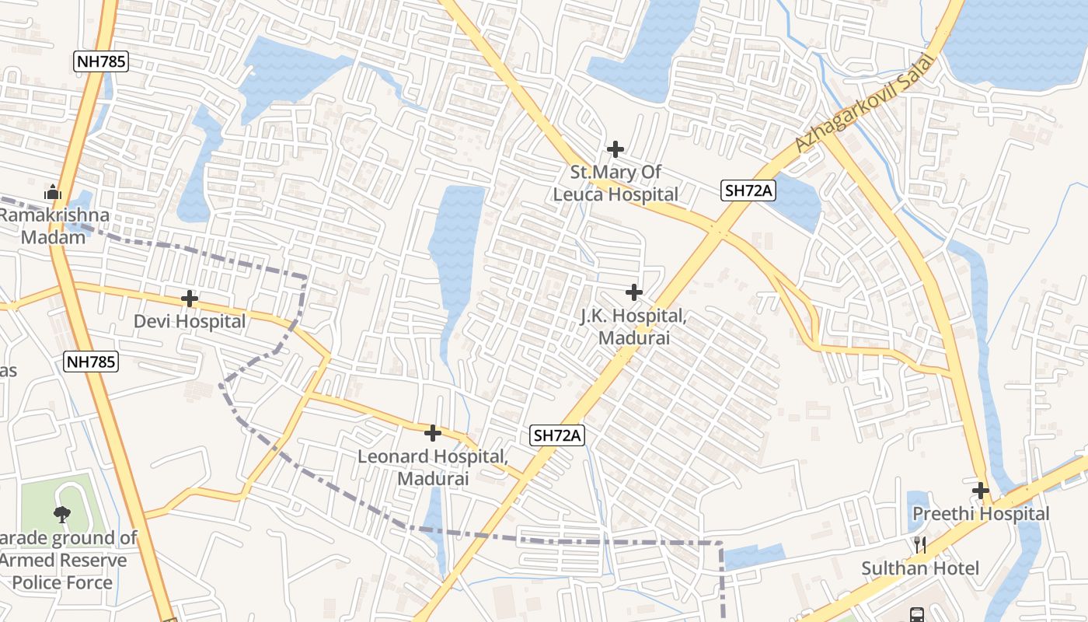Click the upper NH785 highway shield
(101, 61)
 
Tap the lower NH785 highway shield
(91, 361)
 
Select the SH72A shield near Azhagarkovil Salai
(748, 190)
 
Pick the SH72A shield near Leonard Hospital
(557, 435)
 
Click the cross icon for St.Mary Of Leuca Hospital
(615, 149)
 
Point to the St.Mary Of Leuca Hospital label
(615, 183)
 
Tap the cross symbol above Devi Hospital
(190, 299)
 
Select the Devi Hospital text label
(190, 321)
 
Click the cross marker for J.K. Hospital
(634, 292)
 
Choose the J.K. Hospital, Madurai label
(634, 327)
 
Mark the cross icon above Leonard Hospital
(433, 432)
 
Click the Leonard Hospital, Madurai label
(433, 467)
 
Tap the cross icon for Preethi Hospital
(981, 491)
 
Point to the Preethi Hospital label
(981, 514)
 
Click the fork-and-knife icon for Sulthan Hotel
(920, 545)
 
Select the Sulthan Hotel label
(920, 568)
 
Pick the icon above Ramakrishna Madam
(53, 191)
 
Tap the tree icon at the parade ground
(61, 513)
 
